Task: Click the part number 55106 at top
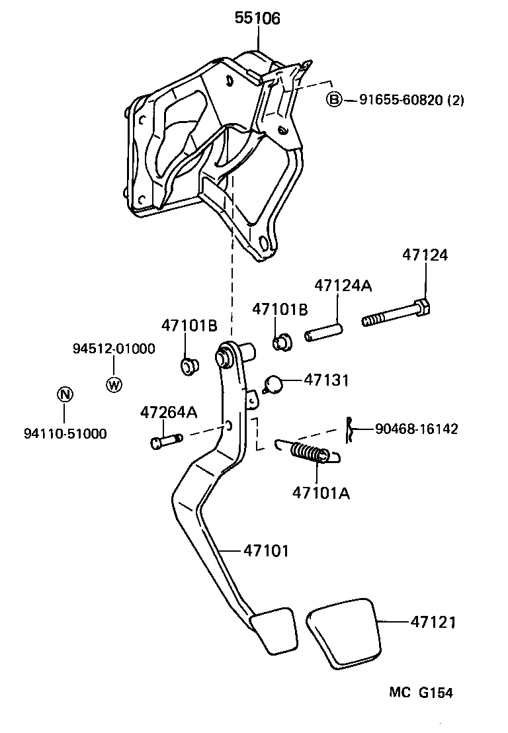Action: [x=257, y=19]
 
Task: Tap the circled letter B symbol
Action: [x=335, y=100]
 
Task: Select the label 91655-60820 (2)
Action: [x=411, y=101]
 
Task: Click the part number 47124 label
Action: [x=425, y=255]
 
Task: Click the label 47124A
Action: [x=343, y=286]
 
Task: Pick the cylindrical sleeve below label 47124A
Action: [x=323, y=331]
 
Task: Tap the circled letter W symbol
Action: [x=114, y=384]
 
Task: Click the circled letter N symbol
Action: [x=63, y=395]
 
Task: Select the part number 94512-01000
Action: [x=114, y=349]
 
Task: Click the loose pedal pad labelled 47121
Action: [x=344, y=631]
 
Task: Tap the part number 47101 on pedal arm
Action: [x=266, y=550]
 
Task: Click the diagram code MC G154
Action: [x=420, y=693]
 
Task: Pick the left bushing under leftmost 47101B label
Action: [x=190, y=365]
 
